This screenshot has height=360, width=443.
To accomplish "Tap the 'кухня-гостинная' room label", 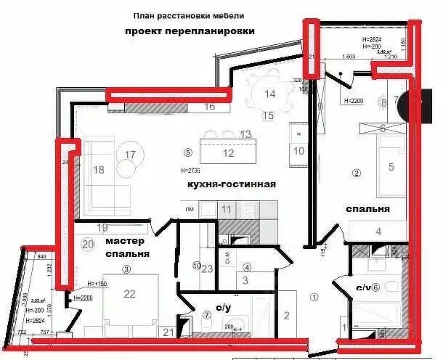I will click(232, 185).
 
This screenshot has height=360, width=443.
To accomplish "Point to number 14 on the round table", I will click(269, 94).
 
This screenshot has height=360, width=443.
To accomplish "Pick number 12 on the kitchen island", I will click(228, 152).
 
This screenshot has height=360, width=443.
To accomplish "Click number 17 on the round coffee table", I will click(130, 155).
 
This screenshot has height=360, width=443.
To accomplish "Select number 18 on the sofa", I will click(99, 169).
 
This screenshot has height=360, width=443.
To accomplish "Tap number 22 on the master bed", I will click(130, 293).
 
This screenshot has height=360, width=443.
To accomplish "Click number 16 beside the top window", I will click(209, 107).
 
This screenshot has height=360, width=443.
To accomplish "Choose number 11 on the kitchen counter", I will click(227, 210).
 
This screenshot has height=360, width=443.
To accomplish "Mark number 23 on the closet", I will click(206, 269).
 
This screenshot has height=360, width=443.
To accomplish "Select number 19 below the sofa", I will click(102, 226).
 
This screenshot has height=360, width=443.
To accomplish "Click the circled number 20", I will click(88, 244).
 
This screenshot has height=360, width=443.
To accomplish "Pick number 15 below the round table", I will click(267, 115).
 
